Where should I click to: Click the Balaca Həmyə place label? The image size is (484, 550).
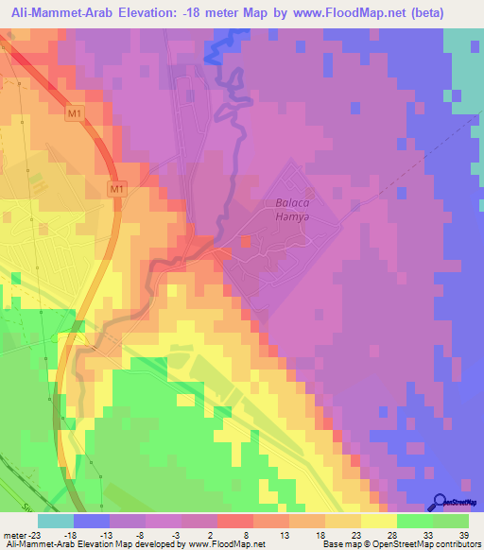coord(293,210)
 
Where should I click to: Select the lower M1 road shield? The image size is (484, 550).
coord(116,189)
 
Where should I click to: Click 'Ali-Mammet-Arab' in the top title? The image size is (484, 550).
coord(75,13)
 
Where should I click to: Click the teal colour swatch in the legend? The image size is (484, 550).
coord(55,521)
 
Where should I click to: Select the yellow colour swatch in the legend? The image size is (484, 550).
coord(378,521)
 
